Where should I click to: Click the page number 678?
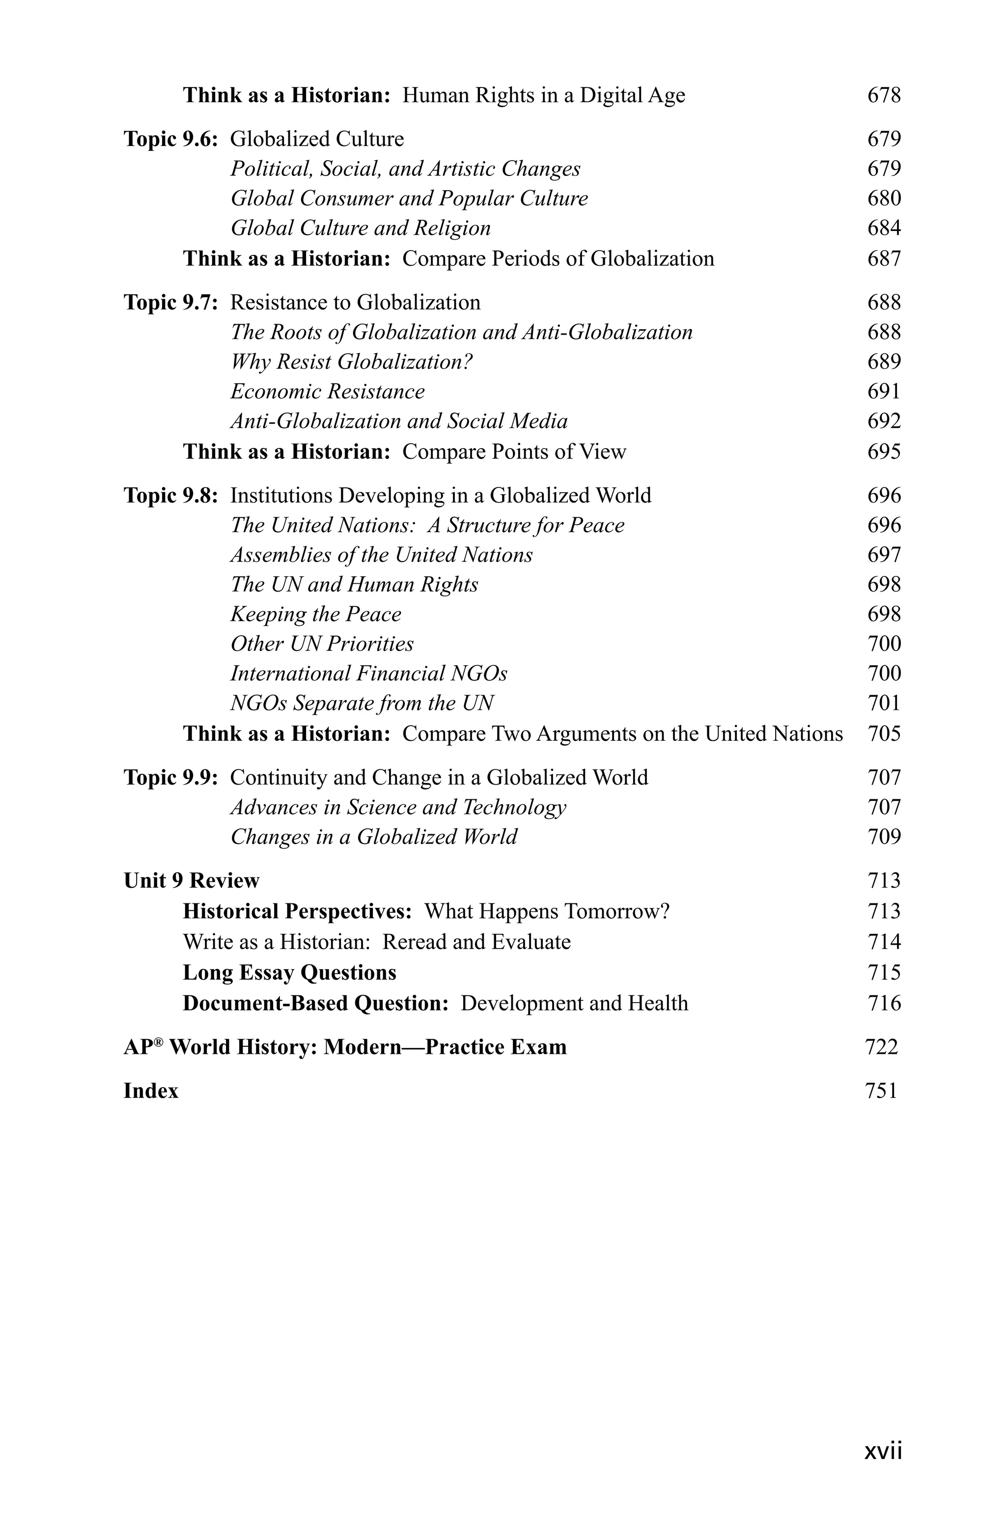coord(884,96)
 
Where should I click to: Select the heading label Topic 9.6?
coord(170,139)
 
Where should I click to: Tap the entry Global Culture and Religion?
coord(360,228)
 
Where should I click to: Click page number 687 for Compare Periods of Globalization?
coord(884,259)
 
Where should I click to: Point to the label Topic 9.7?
coord(170,303)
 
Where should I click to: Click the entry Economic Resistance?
coord(327,392)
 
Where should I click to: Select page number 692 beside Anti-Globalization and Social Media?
coord(884,422)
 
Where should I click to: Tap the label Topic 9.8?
coord(170,496)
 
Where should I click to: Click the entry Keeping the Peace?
coord(316,615)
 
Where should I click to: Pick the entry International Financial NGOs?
coord(368,674)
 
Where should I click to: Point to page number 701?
coord(884,703)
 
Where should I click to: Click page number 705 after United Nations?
coord(884,734)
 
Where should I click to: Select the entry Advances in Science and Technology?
coord(398,808)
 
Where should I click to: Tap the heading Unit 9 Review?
coord(191,881)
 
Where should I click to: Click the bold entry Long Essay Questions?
coord(289,973)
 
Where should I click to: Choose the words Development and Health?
coord(574,1003)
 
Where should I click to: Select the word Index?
coord(151,1091)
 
